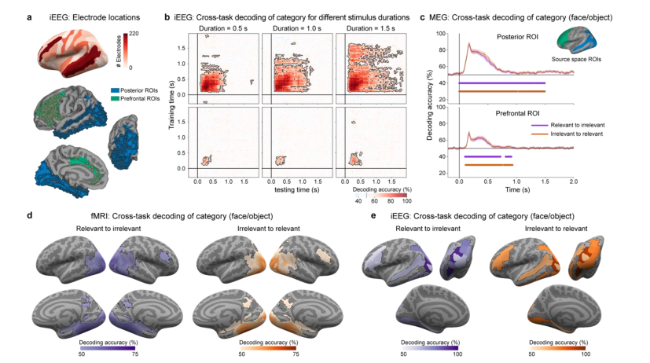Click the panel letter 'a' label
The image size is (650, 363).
30,15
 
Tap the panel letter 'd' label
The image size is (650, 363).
29,214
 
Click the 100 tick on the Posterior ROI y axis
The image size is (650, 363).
441,35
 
